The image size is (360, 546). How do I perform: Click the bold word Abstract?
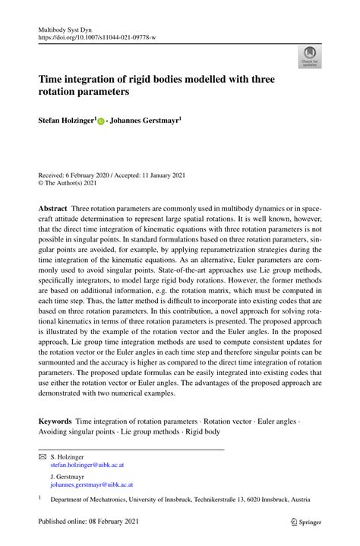(x=52, y=207)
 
